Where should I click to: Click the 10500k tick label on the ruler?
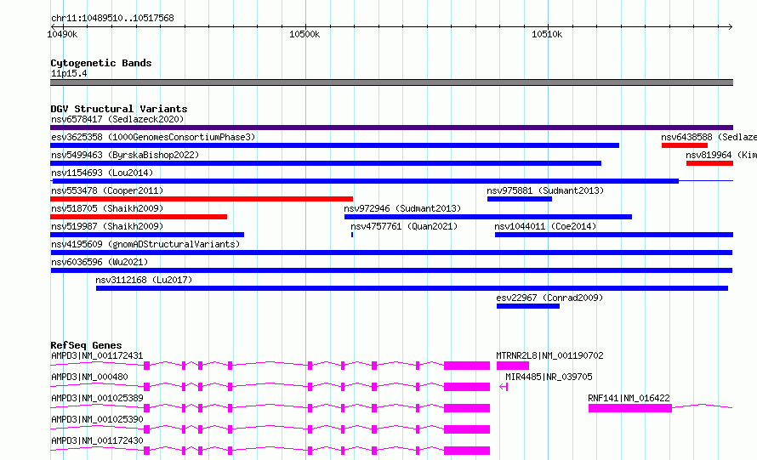click(x=305, y=34)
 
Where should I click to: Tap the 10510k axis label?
click(x=547, y=34)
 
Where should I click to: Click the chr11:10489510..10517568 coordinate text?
click(x=112, y=18)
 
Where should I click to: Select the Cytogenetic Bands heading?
click(x=101, y=63)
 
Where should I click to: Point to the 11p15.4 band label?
click(x=69, y=73)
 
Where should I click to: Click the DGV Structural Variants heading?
click(x=119, y=109)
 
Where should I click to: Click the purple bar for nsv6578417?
click(x=391, y=128)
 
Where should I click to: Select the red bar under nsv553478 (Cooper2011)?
click(x=202, y=199)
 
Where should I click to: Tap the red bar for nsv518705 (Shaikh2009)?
click(x=139, y=217)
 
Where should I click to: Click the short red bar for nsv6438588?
click(x=685, y=145)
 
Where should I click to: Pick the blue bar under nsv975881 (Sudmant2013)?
click(x=520, y=199)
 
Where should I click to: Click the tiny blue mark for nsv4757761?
click(x=352, y=235)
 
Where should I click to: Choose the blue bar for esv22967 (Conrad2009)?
click(x=528, y=306)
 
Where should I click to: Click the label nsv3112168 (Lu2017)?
click(x=144, y=280)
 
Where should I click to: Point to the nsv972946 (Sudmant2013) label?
click(x=402, y=208)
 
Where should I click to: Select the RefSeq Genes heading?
click(x=86, y=345)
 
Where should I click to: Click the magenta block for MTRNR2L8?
click(x=513, y=366)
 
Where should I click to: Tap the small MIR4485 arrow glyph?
click(x=504, y=387)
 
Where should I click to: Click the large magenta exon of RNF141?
click(x=630, y=408)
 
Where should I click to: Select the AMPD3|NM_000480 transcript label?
click(x=89, y=377)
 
